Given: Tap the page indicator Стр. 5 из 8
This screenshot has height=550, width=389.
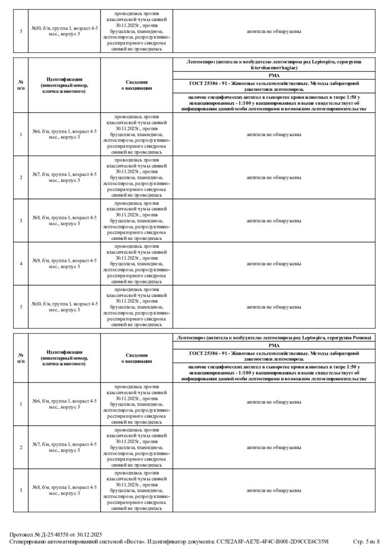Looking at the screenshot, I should (x=365, y=541).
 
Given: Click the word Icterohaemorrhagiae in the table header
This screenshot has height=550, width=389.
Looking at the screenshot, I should (x=274, y=68).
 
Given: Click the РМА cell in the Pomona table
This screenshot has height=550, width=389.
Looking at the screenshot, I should (x=274, y=344).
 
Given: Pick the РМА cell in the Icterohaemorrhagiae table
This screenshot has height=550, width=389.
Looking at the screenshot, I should (x=274, y=75).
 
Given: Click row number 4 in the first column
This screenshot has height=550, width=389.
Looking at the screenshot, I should (x=21, y=264).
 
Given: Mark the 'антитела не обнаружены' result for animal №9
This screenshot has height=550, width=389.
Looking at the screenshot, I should (x=274, y=264).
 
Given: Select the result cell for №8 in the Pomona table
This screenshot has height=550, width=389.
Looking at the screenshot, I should (x=274, y=490).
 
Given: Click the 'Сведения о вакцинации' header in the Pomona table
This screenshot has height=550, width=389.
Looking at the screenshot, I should (x=137, y=358).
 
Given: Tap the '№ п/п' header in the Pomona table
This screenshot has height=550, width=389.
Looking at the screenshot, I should (x=21, y=358).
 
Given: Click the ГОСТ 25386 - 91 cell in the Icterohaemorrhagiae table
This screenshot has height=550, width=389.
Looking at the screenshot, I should (x=274, y=86).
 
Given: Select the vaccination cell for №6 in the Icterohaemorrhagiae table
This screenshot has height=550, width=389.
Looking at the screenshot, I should (x=137, y=134).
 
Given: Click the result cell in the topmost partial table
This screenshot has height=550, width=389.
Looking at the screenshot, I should (x=274, y=31).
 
